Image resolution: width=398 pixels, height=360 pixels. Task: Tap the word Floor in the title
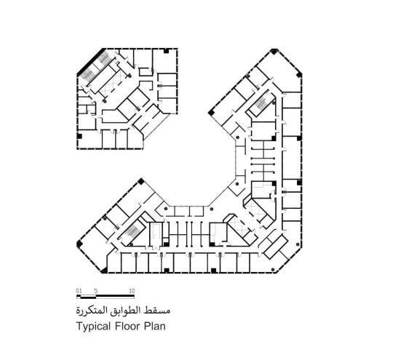(130, 327)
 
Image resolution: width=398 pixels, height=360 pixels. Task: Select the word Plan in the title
(156, 327)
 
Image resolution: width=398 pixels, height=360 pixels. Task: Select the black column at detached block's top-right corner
(168, 51)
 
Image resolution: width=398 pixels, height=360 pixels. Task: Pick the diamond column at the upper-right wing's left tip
(211, 112)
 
